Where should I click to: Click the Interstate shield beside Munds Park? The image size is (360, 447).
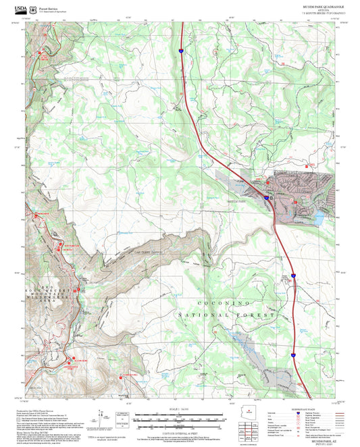pyautogui.click(x=267, y=199)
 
